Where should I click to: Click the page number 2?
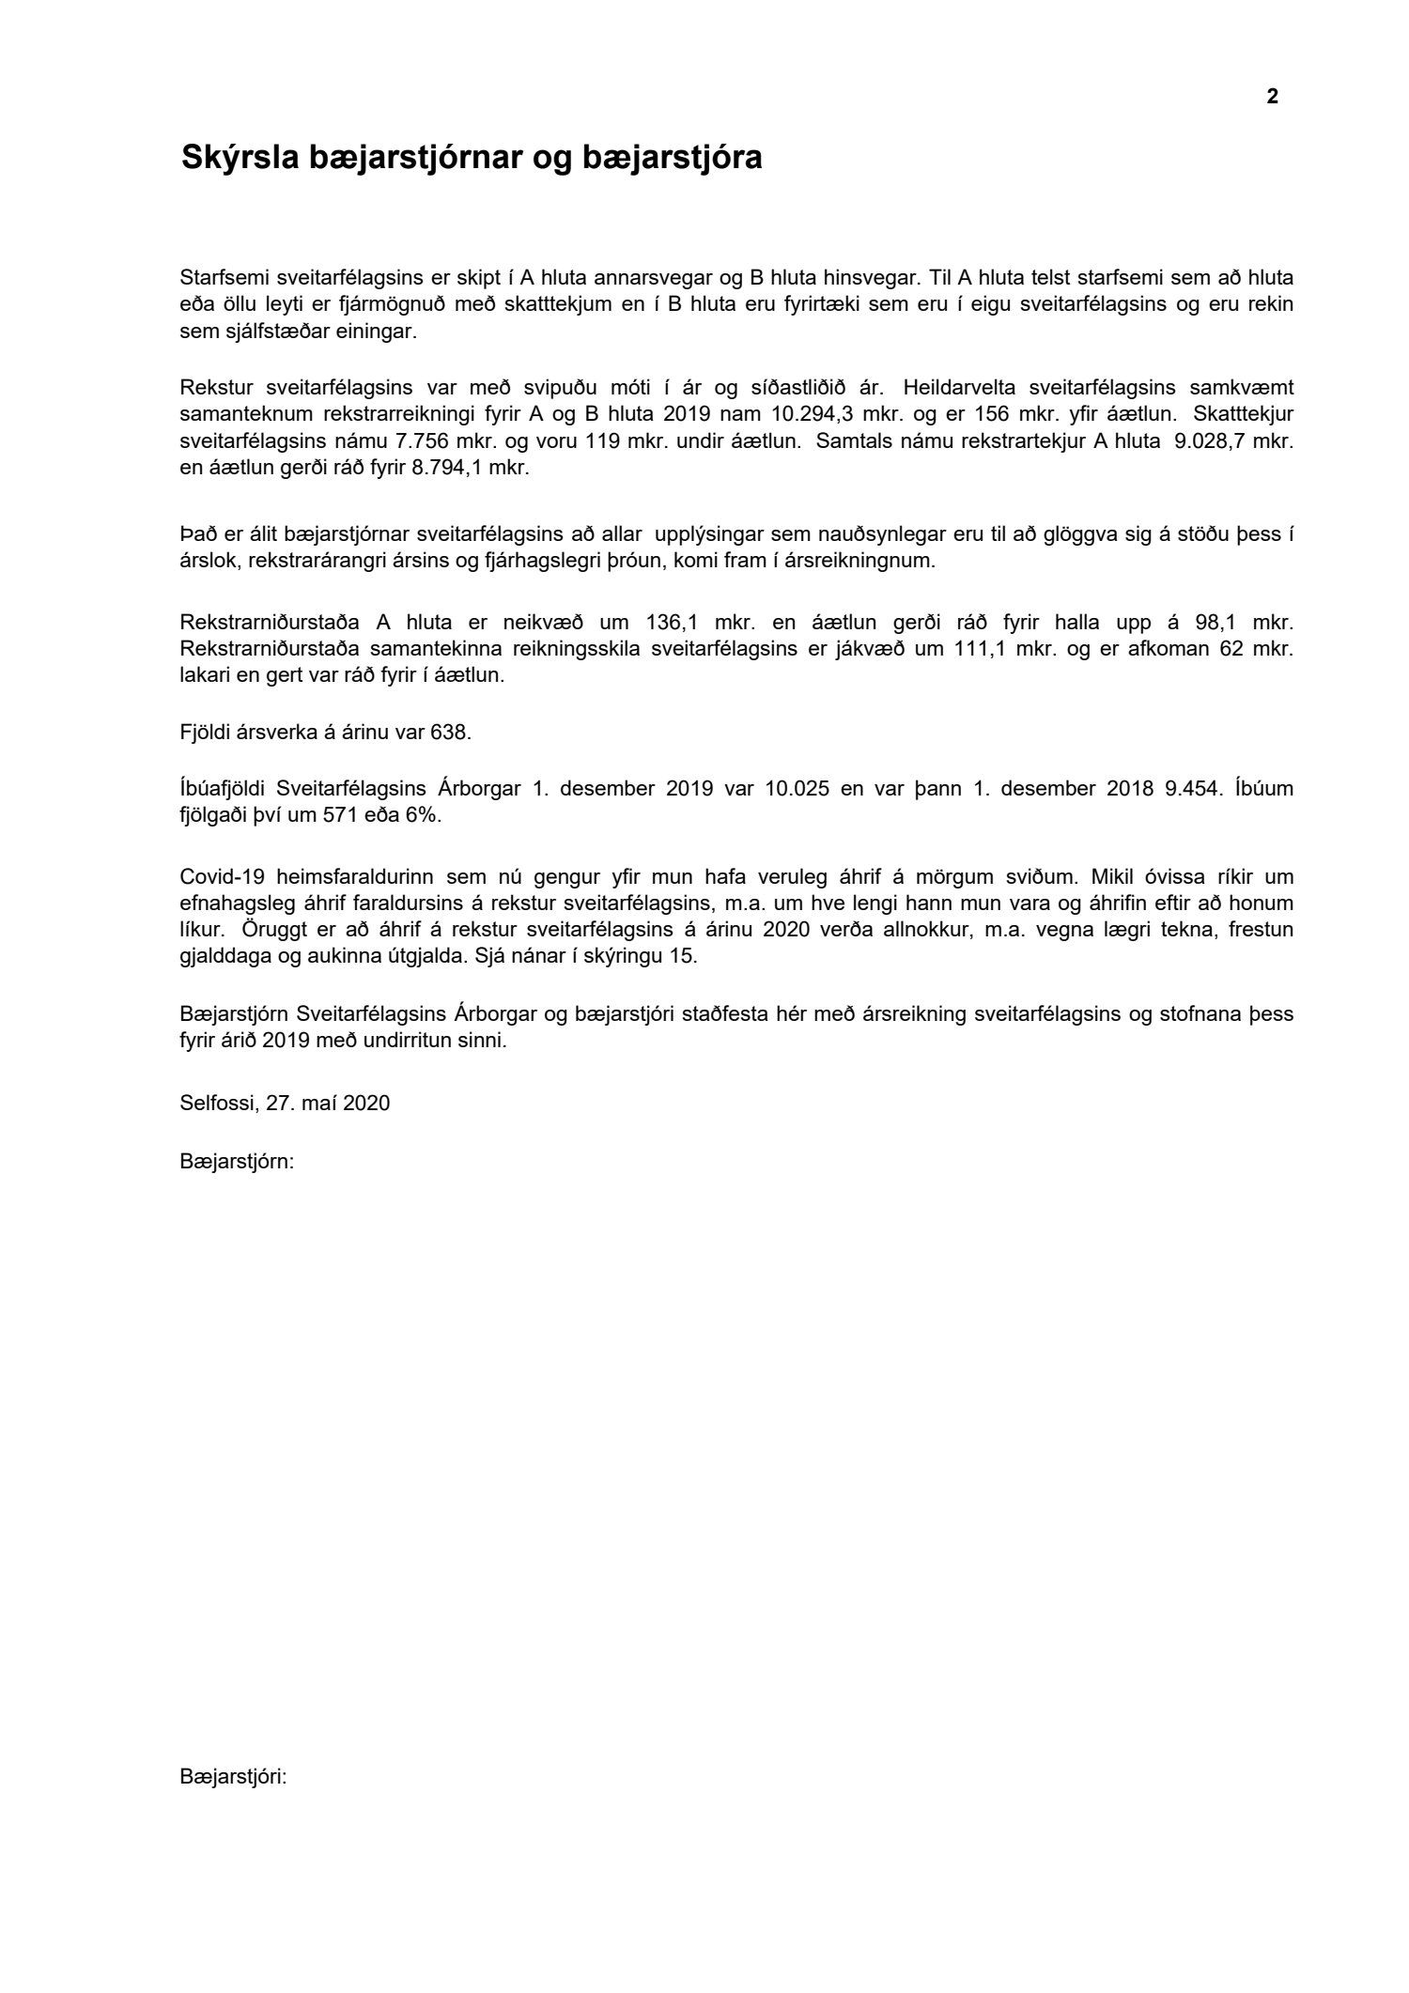click(x=1272, y=97)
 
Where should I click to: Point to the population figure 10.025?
click(x=797, y=788)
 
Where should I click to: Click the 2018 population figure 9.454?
click(x=1194, y=788)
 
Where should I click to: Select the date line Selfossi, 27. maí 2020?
click(x=285, y=1103)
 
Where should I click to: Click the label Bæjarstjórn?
click(x=237, y=1162)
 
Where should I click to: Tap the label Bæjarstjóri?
click(x=233, y=1777)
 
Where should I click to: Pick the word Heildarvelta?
click(x=960, y=386)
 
